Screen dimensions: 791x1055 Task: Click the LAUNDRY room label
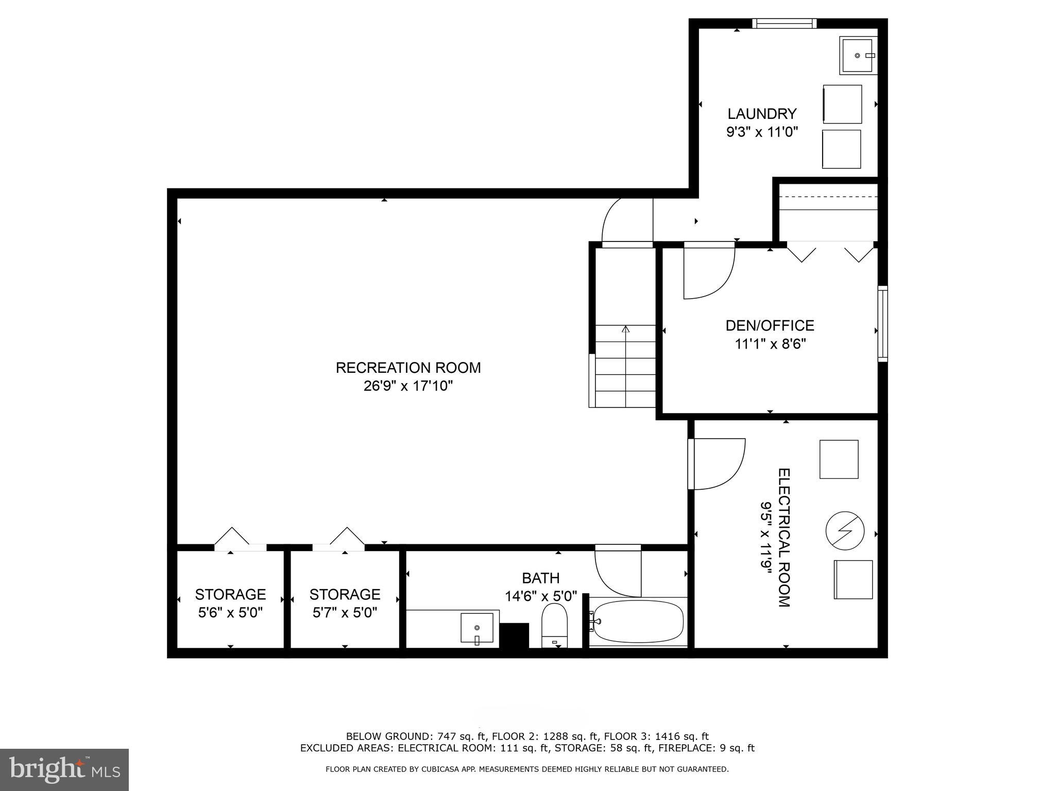pos(762,114)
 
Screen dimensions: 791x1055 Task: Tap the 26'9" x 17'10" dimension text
pos(408,386)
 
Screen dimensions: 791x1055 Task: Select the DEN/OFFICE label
pos(770,325)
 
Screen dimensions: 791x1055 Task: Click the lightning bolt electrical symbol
pos(844,531)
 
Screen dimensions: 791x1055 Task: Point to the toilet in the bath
pos(554,625)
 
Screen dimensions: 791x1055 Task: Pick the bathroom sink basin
pos(477,628)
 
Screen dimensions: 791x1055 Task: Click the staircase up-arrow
pos(626,330)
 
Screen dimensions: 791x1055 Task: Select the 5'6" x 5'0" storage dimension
pos(230,613)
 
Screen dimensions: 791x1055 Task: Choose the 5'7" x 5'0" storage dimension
pos(345,613)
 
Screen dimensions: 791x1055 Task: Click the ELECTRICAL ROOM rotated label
pos(784,538)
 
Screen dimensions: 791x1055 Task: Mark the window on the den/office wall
pos(882,323)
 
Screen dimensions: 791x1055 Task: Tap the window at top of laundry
pos(784,23)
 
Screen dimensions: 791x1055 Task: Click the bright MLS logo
pos(64,769)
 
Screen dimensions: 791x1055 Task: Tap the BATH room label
pos(540,578)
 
